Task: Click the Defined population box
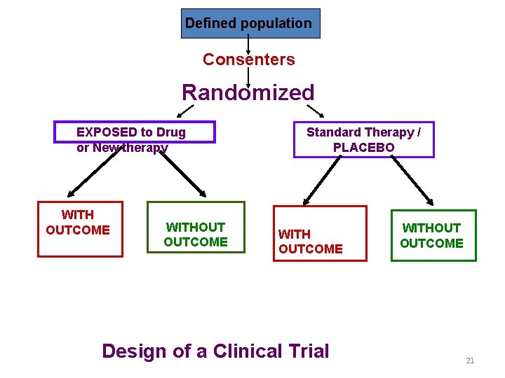pyautogui.click(x=250, y=23)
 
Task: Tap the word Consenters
pyautogui.click(x=249, y=59)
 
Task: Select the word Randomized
pyautogui.click(x=248, y=92)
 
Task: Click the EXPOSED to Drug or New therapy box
pyautogui.click(x=135, y=132)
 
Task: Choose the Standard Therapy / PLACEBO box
pyautogui.click(x=363, y=139)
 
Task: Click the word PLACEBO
pyautogui.click(x=363, y=148)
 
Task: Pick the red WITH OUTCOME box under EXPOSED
pyautogui.click(x=79, y=230)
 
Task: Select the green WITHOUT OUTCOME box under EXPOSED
pyautogui.click(x=196, y=227)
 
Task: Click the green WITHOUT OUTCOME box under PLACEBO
pyautogui.click(x=433, y=235)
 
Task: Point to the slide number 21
pyautogui.click(x=470, y=360)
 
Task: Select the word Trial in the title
pyautogui.click(x=308, y=351)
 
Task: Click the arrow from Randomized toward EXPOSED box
pyautogui.click(x=185, y=111)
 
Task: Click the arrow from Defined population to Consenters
pyautogui.click(x=249, y=45)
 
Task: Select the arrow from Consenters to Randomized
pyautogui.click(x=249, y=76)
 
